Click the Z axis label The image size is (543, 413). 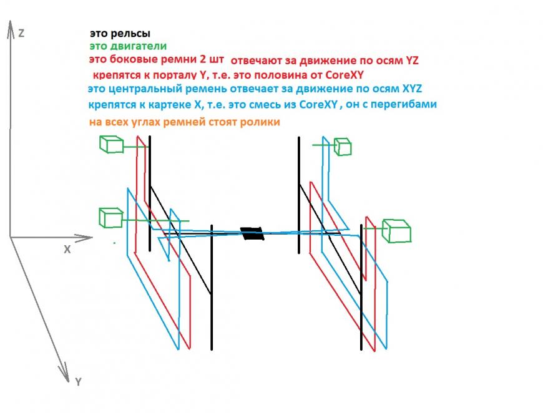tap(21, 33)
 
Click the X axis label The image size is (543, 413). tap(67, 250)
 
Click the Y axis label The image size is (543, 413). tap(78, 382)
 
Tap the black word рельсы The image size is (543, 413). tap(130, 34)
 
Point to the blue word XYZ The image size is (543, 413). tap(412, 89)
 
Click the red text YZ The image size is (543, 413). tap(412, 61)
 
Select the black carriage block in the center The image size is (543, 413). tap(252, 234)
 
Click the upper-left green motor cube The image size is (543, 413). tap(112, 144)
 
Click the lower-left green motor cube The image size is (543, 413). tap(111, 218)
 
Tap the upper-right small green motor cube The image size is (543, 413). tap(343, 147)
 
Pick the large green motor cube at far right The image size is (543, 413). tap(396, 231)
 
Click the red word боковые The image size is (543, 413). tap(131, 59)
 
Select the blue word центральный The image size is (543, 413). tap(145, 89)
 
